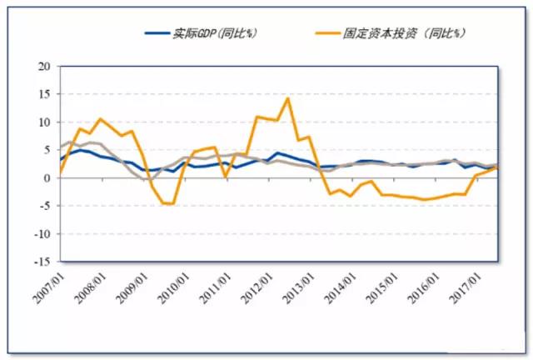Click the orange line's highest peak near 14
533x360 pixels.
pyautogui.click(x=287, y=98)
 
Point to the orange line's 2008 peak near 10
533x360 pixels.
pyautogui.click(x=100, y=119)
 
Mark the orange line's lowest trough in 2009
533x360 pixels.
pyautogui.click(x=172, y=204)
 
